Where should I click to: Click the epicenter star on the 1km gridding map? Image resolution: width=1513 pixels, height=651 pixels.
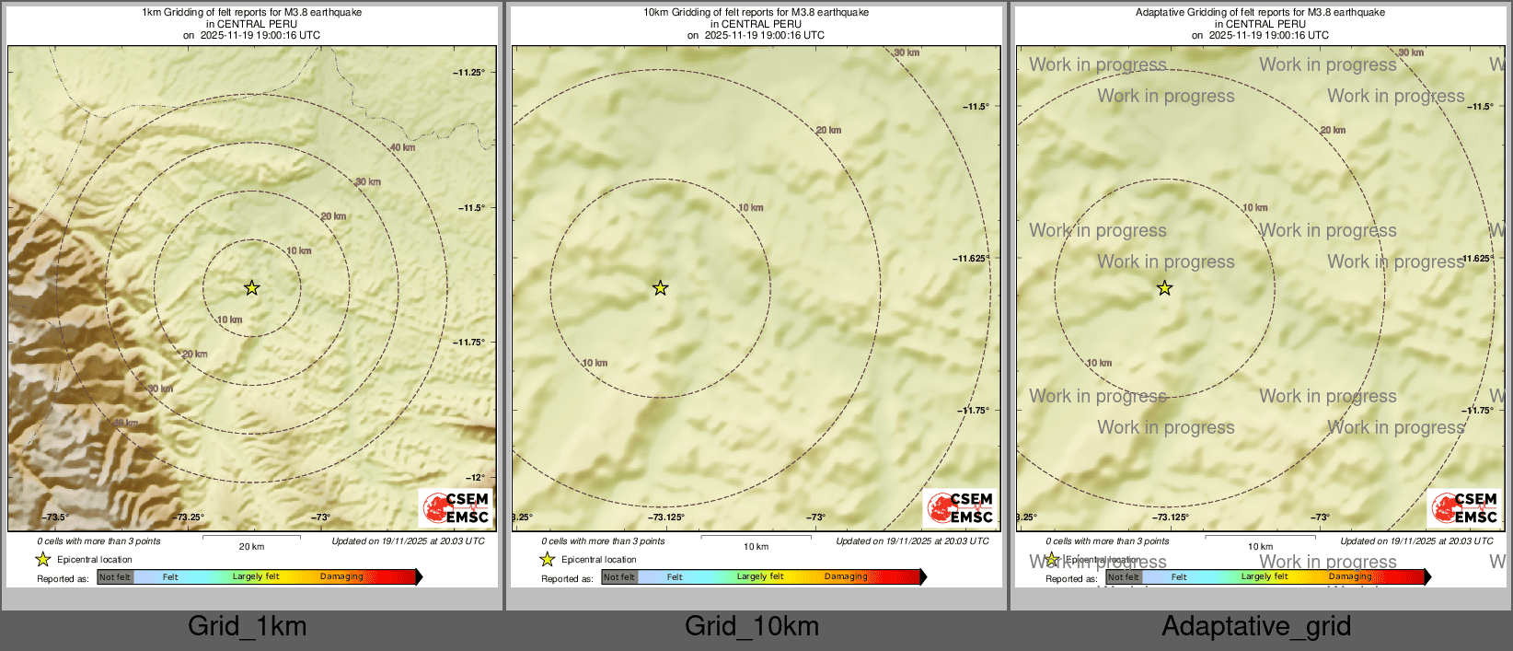tap(251, 288)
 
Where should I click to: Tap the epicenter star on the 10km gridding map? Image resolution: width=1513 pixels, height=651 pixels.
tap(660, 288)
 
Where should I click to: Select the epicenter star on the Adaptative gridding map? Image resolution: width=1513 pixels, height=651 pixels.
tap(1164, 288)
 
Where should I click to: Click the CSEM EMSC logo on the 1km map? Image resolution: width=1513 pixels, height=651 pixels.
tap(456, 507)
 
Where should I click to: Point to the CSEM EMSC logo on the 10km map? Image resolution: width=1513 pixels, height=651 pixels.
tap(960, 507)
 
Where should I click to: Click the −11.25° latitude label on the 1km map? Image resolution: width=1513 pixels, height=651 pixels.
tap(469, 73)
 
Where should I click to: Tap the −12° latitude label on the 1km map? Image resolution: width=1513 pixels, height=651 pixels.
tap(475, 477)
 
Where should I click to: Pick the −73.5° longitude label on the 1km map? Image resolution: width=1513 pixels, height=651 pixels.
tap(55, 517)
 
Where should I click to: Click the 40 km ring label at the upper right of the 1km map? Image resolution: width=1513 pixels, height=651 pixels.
tap(402, 147)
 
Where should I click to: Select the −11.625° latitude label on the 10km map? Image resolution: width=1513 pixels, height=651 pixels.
tap(971, 259)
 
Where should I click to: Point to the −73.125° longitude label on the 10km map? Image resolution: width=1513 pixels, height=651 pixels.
tap(665, 517)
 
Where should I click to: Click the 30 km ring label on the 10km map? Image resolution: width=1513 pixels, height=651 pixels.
tap(907, 53)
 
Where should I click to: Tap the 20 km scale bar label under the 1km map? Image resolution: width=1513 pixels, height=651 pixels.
tap(251, 547)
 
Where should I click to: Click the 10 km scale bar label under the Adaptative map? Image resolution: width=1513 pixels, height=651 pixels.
tap(1260, 547)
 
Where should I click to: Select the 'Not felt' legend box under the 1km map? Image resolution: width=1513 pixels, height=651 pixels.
tap(115, 577)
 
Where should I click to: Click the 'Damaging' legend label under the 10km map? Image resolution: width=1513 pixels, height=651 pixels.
tap(846, 577)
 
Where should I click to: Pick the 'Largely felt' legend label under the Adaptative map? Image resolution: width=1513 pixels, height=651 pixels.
tap(1265, 577)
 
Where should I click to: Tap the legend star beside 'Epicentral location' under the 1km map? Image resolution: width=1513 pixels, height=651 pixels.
tap(42, 559)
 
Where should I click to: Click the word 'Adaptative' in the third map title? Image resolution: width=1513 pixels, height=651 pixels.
tap(1163, 13)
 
